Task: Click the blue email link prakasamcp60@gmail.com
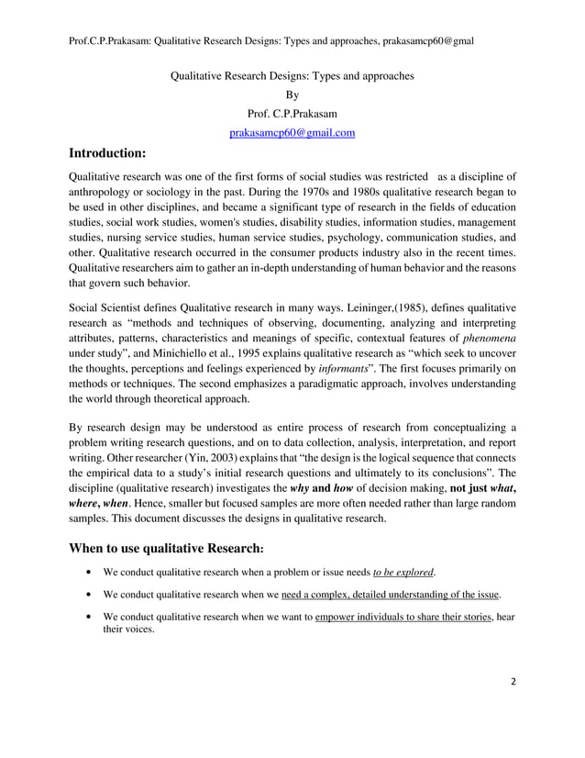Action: coord(292,133)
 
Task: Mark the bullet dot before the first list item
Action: coord(86,573)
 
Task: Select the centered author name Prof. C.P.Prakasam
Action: coord(292,114)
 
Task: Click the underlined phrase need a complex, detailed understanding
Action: coord(375,595)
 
